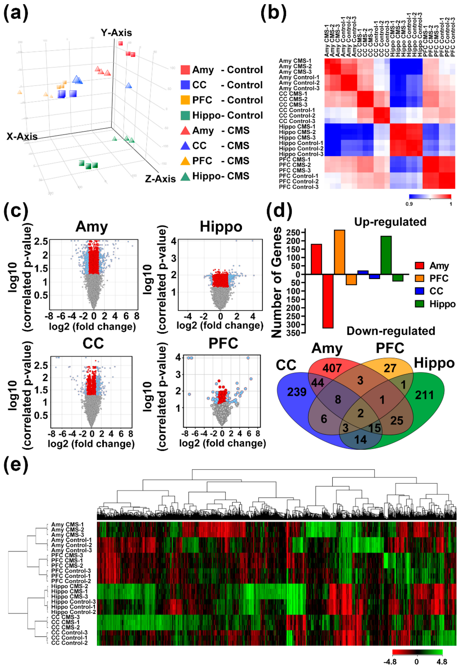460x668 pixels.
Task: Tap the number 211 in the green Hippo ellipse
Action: (424, 395)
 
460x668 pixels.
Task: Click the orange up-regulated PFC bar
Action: (339, 252)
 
